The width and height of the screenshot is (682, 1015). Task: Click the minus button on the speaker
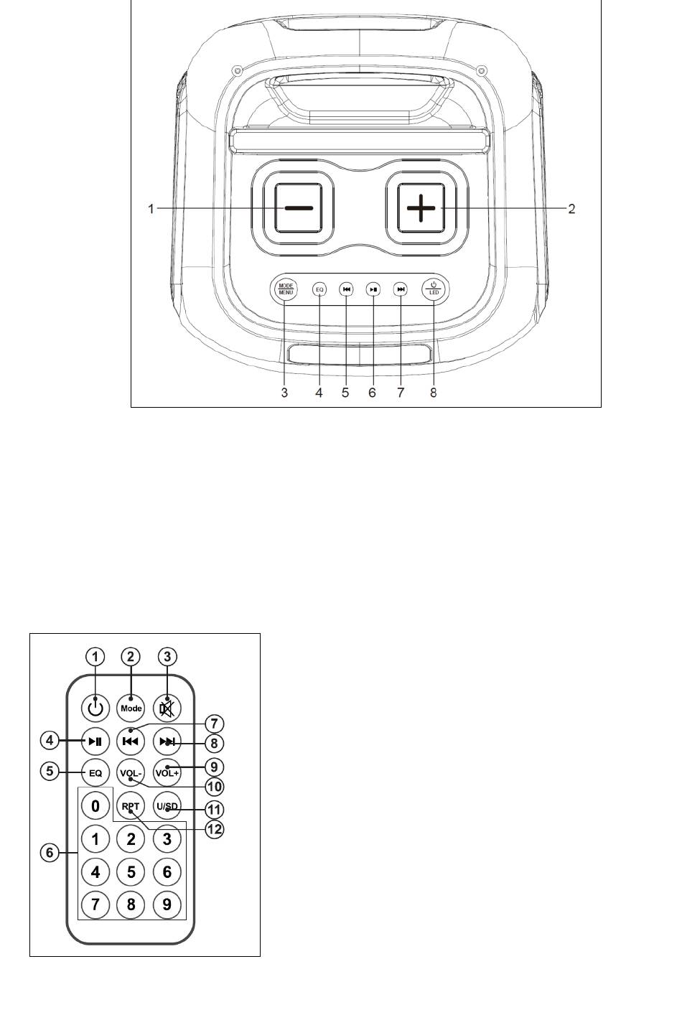point(299,208)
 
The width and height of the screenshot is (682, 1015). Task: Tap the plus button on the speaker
point(421,208)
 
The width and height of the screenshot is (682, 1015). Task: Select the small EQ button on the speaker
point(319,289)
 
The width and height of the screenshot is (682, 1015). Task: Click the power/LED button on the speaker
point(434,289)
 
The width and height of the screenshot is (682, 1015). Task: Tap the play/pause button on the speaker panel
point(373,289)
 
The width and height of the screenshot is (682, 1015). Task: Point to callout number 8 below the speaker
point(433,393)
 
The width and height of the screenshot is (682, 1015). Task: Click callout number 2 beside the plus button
point(571,209)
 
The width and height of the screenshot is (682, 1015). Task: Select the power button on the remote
point(95,707)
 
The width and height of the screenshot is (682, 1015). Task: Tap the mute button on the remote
point(167,707)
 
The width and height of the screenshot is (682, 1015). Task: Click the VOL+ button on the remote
point(167,772)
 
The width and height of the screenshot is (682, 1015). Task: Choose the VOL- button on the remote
point(131,772)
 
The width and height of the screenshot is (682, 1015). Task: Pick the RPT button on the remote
point(131,806)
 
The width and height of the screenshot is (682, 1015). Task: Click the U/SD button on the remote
point(167,806)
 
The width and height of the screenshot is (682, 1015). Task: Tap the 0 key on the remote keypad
point(95,805)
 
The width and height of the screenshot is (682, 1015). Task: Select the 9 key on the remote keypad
point(167,904)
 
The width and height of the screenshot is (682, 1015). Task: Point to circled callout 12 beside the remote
point(215,829)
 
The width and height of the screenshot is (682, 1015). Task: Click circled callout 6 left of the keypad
point(50,852)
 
